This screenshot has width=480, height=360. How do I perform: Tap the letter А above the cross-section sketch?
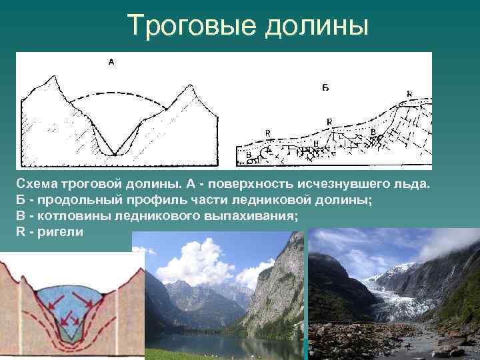[x=111, y=62]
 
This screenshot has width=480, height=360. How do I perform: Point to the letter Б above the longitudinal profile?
[x=325, y=87]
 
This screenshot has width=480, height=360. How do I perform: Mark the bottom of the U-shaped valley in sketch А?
[x=115, y=154]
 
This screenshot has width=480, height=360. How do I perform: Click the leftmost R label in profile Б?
[x=268, y=133]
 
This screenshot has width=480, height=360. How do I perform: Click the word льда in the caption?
[x=415, y=183]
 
